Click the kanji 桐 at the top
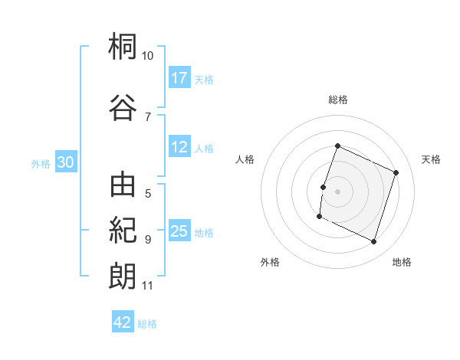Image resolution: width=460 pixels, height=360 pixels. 123,46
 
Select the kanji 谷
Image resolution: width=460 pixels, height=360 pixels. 123,107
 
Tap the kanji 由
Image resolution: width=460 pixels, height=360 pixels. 123,185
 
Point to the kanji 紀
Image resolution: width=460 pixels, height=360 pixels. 123,230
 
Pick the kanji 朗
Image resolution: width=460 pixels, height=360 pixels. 123,277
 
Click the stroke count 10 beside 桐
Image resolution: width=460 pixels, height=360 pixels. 147,56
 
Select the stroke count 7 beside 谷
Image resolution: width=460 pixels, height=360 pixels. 148,117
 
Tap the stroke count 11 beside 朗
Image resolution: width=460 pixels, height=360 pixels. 147,286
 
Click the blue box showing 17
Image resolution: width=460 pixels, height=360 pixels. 179,77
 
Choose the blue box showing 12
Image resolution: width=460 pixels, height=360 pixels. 179,146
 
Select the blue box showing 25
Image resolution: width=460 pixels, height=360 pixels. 179,230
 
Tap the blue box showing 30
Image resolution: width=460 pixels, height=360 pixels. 66,162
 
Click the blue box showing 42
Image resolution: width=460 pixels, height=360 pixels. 123,321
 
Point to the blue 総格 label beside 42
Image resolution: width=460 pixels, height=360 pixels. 147,324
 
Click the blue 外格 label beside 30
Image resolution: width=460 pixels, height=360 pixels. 41,164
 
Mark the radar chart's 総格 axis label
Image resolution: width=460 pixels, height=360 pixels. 338,100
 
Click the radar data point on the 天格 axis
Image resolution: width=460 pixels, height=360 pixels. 396,172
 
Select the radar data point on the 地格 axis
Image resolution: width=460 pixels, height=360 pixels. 373,242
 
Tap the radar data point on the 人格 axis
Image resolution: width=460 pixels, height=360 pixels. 323,188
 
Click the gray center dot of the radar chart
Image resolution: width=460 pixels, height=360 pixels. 337,191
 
